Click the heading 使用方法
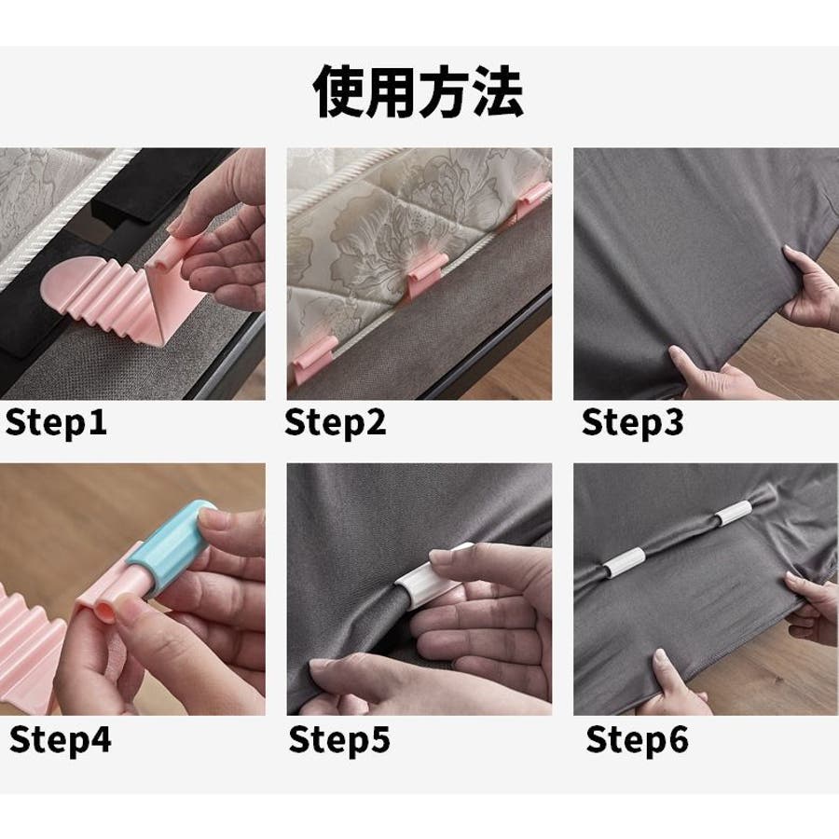[x=418, y=91]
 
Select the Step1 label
[x=56, y=422]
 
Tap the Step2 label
[x=336, y=422]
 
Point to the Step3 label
[x=632, y=422]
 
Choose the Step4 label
[x=61, y=740]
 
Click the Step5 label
[x=339, y=740]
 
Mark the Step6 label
[x=637, y=740]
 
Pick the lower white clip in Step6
[x=624, y=563]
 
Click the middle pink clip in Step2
[x=425, y=273]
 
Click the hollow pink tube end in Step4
[x=104, y=611]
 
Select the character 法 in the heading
[x=498, y=92]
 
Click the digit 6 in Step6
[x=678, y=739]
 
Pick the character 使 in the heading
[x=338, y=92]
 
